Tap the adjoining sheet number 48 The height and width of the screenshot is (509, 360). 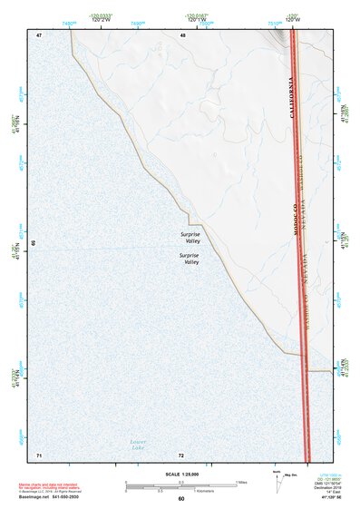183,35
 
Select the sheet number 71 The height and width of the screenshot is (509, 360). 39,454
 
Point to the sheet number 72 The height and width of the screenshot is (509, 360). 181,454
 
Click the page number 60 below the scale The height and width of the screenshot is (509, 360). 181,499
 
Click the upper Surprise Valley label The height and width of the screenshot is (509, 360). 190,238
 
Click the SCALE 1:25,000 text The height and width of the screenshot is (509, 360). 180,474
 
